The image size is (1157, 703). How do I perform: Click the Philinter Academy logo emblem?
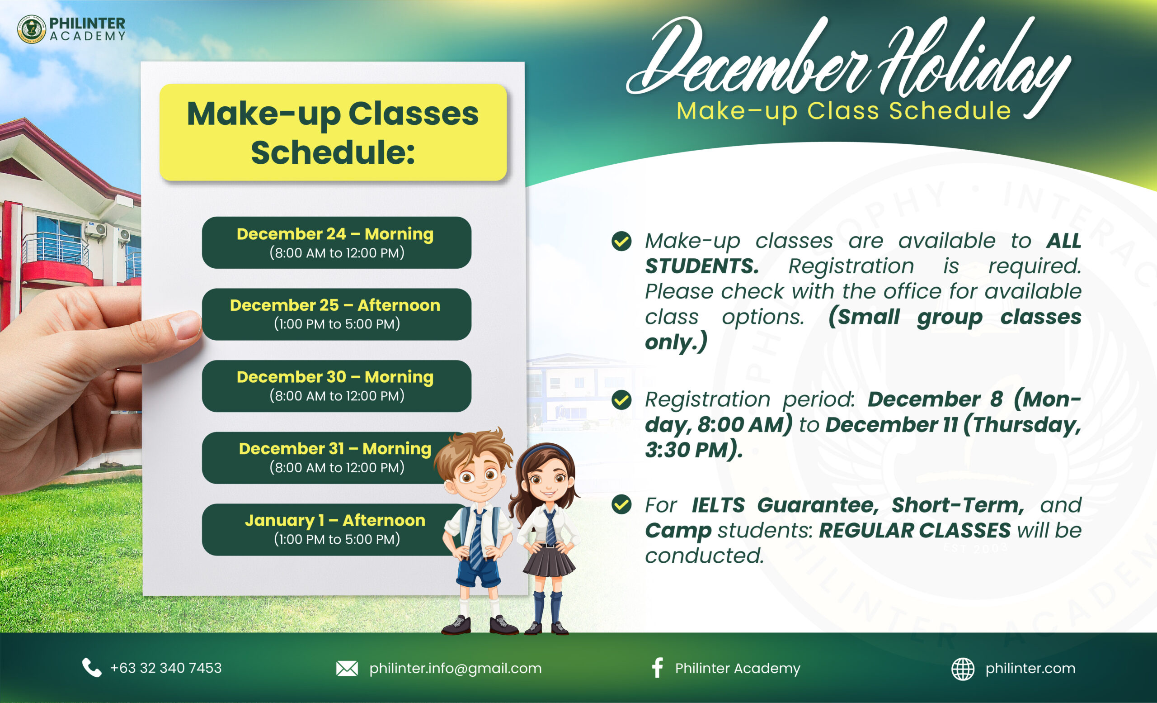[x=32, y=29]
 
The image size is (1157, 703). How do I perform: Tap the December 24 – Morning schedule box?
[x=336, y=242]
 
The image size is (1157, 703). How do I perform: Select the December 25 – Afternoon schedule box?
[x=336, y=314]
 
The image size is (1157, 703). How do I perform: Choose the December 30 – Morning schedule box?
[x=336, y=386]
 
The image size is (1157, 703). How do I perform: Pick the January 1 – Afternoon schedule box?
[x=329, y=530]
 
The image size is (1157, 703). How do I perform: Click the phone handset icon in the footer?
[x=92, y=667]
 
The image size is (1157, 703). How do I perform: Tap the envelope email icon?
[x=347, y=668]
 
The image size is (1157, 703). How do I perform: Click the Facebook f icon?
[x=658, y=667]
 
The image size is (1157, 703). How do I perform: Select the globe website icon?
[x=963, y=669]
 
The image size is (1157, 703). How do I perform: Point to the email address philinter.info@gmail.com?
[x=456, y=668]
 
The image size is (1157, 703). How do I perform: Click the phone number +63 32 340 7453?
[x=166, y=668]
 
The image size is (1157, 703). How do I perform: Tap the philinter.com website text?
[x=1030, y=668]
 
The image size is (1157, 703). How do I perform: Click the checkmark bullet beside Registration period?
[x=621, y=400]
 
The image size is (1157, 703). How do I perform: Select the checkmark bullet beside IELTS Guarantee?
[x=621, y=505]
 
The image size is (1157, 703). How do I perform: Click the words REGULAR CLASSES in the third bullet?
[x=915, y=530]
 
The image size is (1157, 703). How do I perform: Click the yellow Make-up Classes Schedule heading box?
[x=333, y=132]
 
